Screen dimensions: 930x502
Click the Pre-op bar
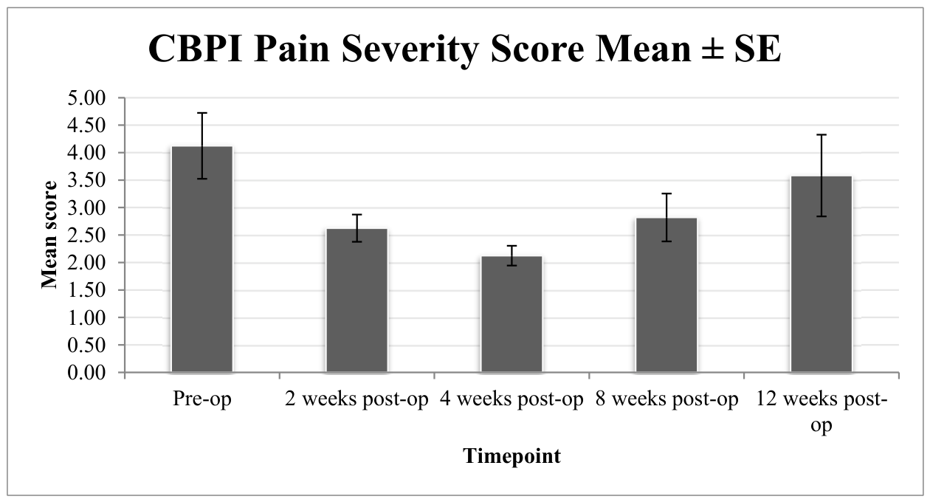[202, 259]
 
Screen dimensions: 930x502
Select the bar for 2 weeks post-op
[357, 300]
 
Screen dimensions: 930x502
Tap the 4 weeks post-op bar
[512, 314]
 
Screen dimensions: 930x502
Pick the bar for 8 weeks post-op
[666, 295]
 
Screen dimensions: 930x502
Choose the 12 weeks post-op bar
[821, 274]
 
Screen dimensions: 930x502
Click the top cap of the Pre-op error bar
[202, 113]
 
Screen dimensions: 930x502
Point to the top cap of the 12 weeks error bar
[821, 134]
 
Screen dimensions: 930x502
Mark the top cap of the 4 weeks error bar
[512, 246]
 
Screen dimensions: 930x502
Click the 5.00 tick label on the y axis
[87, 98]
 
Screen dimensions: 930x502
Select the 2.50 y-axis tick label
[87, 235]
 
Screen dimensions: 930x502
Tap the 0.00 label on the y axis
[87, 373]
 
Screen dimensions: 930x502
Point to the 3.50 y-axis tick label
[87, 180]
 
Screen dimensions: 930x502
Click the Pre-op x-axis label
[202, 399]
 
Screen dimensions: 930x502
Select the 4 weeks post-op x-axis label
[512, 399]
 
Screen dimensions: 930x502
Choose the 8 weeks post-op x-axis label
[666, 399]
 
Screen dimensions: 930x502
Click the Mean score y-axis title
[49, 235]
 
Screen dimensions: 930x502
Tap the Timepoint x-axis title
[512, 456]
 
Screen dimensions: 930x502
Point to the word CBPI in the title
[196, 49]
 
